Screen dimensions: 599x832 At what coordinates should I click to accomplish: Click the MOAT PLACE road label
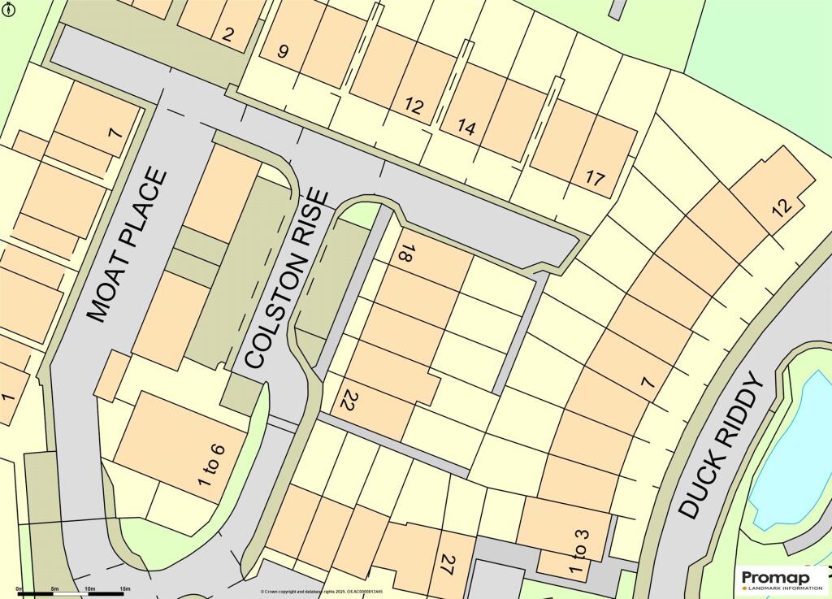(128, 245)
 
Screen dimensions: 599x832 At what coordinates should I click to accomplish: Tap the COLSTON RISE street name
(288, 280)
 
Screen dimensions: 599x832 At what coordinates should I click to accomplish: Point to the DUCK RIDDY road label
(722, 446)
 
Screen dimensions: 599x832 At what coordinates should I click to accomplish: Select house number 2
(228, 34)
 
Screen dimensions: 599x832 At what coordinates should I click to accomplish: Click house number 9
(283, 51)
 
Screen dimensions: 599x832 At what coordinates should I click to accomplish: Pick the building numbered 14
(466, 127)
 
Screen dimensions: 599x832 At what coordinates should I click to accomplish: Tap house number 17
(595, 179)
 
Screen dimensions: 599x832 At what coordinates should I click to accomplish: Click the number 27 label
(446, 565)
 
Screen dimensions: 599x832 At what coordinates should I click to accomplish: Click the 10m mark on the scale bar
(89, 588)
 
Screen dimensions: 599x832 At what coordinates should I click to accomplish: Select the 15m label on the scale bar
(125, 588)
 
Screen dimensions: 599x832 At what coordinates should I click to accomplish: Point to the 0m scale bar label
(19, 588)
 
